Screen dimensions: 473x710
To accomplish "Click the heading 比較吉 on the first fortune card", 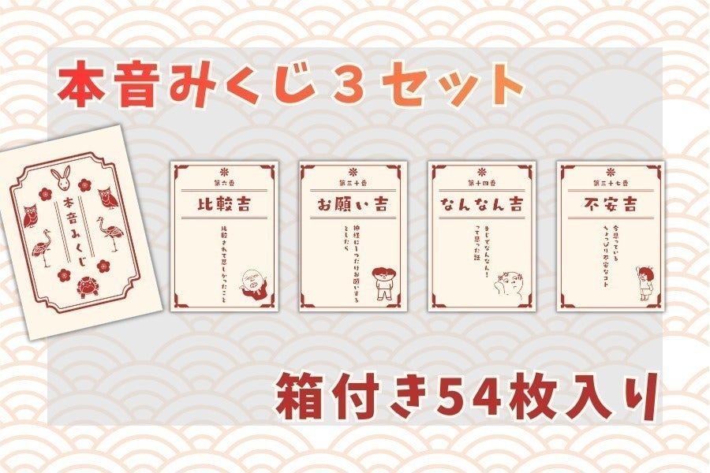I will pos(224,203).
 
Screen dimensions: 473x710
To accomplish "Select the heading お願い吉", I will pos(353,203).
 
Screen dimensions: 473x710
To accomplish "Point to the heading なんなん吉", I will pos(481,203).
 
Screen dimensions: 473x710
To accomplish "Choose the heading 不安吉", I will pos(610,203).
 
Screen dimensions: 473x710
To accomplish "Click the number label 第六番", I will pos(224,181).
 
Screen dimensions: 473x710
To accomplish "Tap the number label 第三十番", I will pos(353,181).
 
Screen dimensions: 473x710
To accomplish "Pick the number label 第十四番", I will pos(481,181).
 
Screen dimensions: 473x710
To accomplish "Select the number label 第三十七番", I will pos(610,181).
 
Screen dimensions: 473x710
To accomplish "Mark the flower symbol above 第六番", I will pos(224,169).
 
